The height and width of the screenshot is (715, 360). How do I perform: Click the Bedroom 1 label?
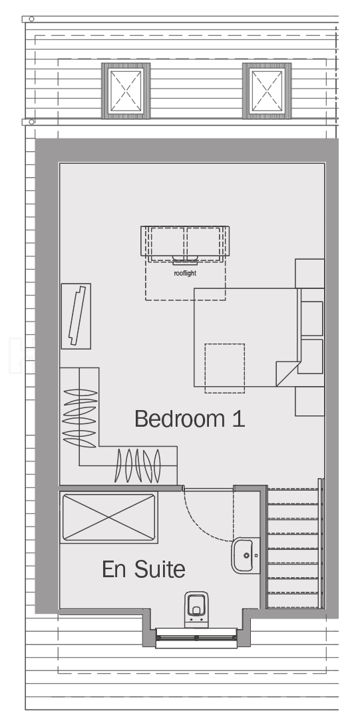pyautogui.click(x=190, y=419)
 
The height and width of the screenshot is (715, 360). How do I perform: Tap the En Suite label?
pyautogui.click(x=144, y=569)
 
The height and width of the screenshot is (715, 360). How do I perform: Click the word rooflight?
pyautogui.click(x=185, y=274)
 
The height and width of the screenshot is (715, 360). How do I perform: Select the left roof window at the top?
pyautogui.click(x=126, y=91)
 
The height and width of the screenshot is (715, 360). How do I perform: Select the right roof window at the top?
pyautogui.click(x=267, y=91)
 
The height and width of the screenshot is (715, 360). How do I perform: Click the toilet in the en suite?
pyautogui.click(x=196, y=610)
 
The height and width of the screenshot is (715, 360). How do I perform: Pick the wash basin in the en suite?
pyautogui.click(x=246, y=555)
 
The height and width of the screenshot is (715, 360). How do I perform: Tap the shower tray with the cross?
pyautogui.click(x=108, y=517)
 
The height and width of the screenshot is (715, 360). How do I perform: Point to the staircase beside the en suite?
pyautogui.click(x=294, y=547)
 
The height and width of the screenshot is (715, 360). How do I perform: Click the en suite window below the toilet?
pyautogui.click(x=196, y=638)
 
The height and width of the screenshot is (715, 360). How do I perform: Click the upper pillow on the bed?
pyautogui.click(x=312, y=318)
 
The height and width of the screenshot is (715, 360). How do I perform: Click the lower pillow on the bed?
pyautogui.click(x=312, y=356)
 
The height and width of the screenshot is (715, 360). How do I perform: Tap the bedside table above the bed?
pyautogui.click(x=310, y=274)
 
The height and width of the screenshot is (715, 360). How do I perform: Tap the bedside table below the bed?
pyautogui.click(x=310, y=401)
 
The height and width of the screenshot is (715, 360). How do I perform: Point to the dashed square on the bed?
pyautogui.click(x=225, y=368)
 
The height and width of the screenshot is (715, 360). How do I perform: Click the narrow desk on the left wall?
pyautogui.click(x=76, y=316)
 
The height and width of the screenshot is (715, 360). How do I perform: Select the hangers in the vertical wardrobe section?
pyautogui.click(x=80, y=417)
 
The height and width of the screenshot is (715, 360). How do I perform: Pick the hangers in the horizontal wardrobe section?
pyautogui.click(x=138, y=465)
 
